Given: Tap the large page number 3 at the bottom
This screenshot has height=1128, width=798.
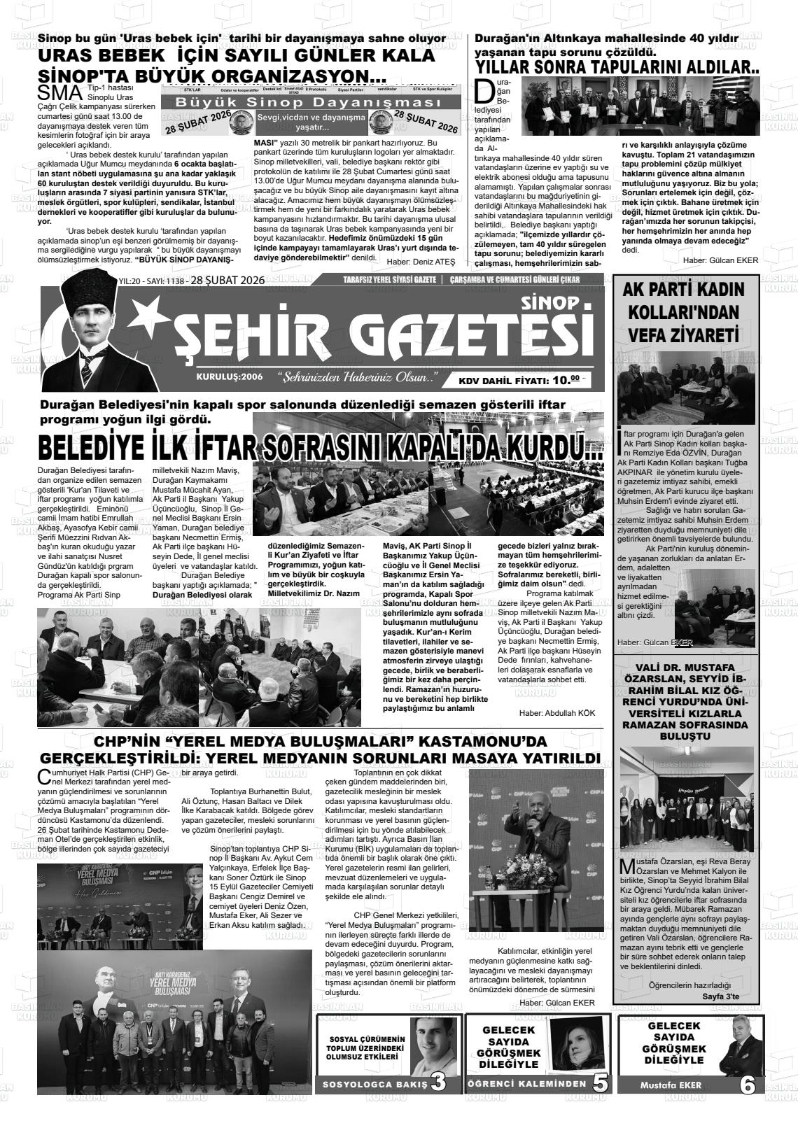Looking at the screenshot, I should [439, 1083].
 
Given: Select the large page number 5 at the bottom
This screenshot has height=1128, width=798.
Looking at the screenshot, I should [600, 1083].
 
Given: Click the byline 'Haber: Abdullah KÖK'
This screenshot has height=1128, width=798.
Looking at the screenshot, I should [556, 712].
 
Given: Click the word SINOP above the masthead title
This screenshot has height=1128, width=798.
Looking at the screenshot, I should [551, 302].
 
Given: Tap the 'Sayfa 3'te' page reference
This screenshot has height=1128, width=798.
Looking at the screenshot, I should [720, 996].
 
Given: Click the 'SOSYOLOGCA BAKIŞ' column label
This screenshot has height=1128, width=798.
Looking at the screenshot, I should [374, 1085].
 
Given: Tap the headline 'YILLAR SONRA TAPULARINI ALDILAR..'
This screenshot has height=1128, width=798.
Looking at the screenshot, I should [617, 67].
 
